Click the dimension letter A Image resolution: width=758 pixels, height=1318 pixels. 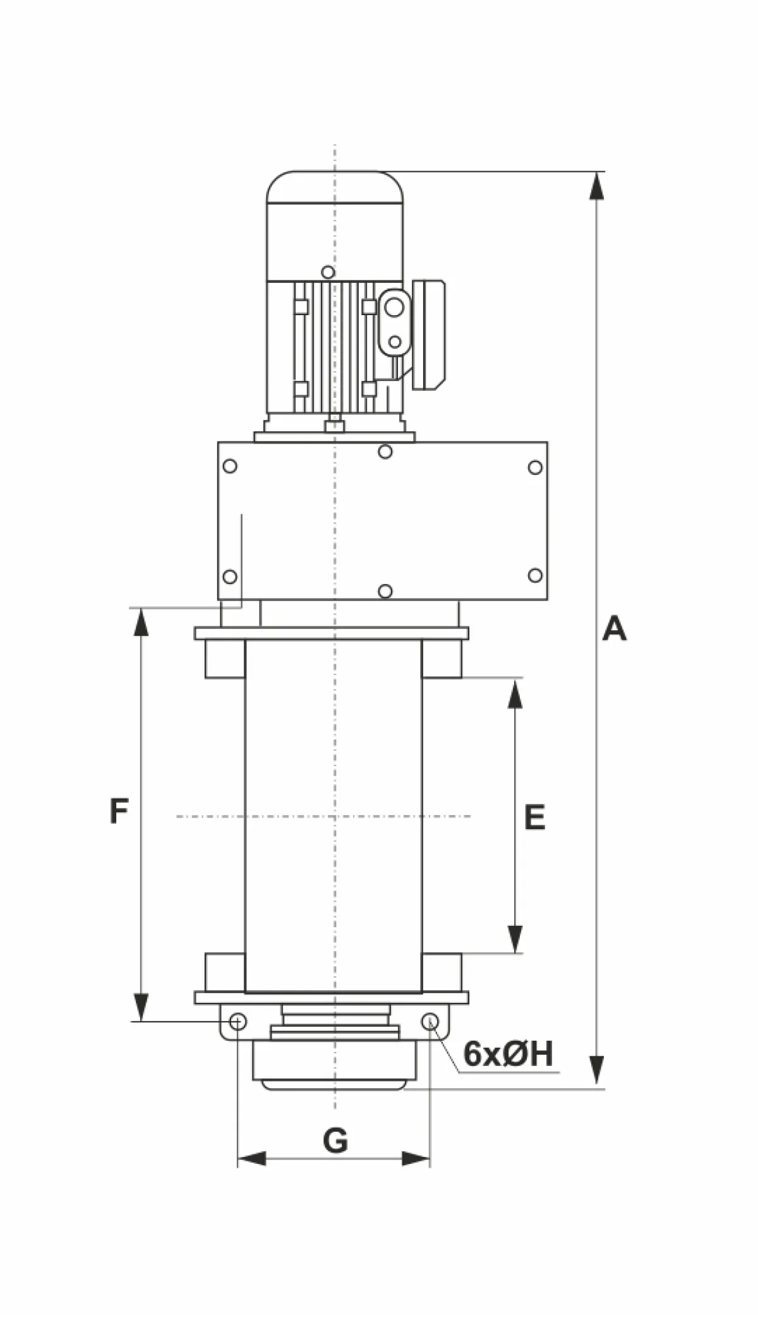pyautogui.click(x=614, y=629)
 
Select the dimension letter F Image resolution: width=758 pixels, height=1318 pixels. pyautogui.click(x=119, y=812)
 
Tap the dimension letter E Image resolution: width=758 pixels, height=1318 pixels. pyautogui.click(x=534, y=817)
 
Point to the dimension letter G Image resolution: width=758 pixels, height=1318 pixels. pyautogui.click(x=335, y=1141)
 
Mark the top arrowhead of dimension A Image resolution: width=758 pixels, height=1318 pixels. pyautogui.click(x=596, y=186)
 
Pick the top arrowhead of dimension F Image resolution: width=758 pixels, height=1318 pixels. pyautogui.click(x=141, y=622)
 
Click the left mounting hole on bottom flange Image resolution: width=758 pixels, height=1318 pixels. pyautogui.click(x=238, y=1021)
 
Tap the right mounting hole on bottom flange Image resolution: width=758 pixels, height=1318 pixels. pyautogui.click(x=430, y=1021)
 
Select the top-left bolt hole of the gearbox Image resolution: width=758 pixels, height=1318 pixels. pyautogui.click(x=231, y=466)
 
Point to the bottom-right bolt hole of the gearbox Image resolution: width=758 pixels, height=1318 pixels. pyautogui.click(x=535, y=575)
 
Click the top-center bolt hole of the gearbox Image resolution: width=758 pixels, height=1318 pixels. pyautogui.click(x=385, y=452)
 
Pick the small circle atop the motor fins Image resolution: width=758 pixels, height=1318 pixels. pyautogui.click(x=327, y=272)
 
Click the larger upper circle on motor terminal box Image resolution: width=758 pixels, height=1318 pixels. pyautogui.click(x=394, y=308)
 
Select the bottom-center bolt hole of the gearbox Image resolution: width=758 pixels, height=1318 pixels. pyautogui.click(x=385, y=591)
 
